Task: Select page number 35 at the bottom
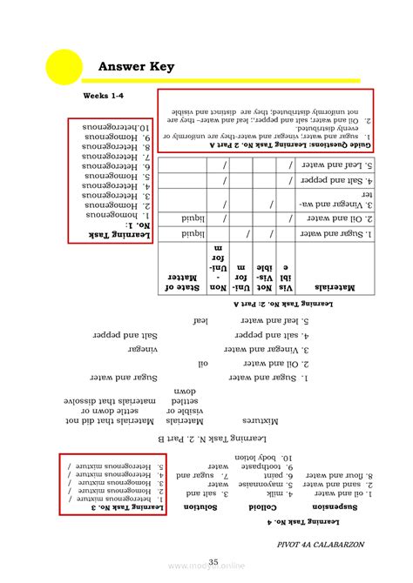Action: (213, 562)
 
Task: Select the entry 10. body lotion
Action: (257, 457)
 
